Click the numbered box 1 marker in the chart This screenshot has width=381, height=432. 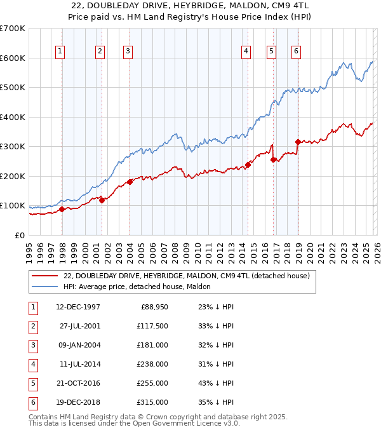(x=60, y=51)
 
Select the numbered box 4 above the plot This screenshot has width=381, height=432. (x=246, y=51)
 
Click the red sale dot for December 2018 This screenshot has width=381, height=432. (x=298, y=142)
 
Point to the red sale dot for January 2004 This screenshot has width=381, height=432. (x=130, y=182)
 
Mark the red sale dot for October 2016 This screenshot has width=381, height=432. (x=273, y=159)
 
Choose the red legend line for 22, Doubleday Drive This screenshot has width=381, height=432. (x=44, y=276)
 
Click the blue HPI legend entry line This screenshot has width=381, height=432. (x=44, y=287)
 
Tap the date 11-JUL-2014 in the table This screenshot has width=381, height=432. (x=79, y=365)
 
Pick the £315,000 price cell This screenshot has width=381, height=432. (x=153, y=403)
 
